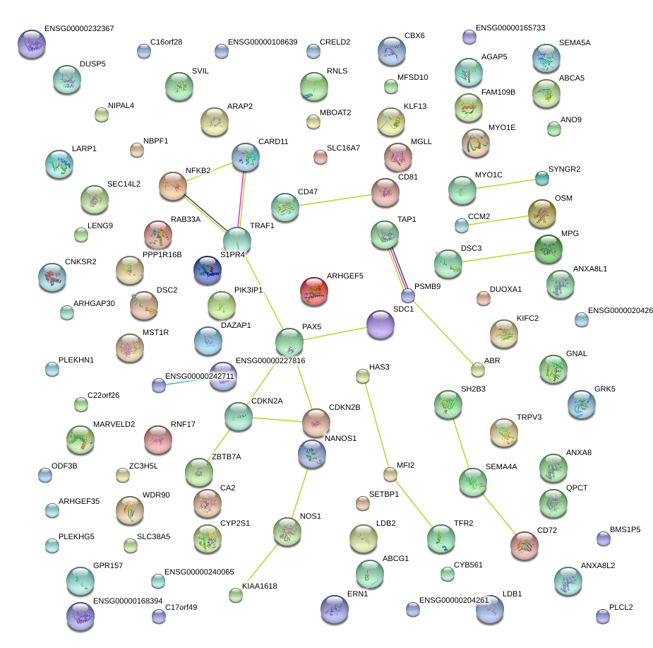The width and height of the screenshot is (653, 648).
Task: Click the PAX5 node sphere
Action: pos(289,341)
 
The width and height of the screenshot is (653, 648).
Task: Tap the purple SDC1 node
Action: pos(381,324)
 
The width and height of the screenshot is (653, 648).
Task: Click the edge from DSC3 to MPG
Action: pos(498,256)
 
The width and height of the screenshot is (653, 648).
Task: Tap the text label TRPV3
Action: pos(529,417)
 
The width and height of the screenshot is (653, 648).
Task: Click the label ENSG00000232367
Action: pos(79,29)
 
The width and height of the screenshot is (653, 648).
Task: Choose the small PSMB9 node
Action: pos(408,295)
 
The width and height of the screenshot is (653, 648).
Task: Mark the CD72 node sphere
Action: pos(524,545)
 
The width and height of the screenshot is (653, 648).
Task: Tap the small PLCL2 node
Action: pos(602,616)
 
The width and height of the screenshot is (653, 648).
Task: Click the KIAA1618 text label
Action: pos(259,586)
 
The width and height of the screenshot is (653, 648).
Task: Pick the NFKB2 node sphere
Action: pos(172,186)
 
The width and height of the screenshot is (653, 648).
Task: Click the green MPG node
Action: pos(548,248)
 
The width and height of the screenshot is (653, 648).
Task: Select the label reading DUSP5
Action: pos(92,64)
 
